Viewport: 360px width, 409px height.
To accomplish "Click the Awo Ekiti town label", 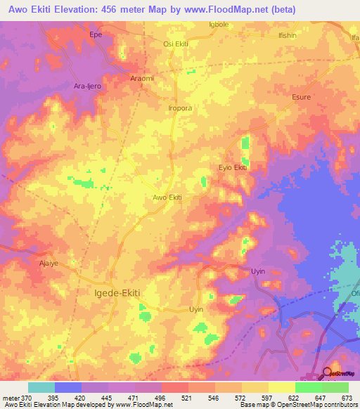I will pos(167,197).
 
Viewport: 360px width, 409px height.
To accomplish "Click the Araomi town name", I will pos(142,79).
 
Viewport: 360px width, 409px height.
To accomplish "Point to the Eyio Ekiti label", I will pos(232,167).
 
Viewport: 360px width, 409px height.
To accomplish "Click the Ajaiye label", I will pos(49,265).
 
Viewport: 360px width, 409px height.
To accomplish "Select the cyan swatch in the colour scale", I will pos(41,387).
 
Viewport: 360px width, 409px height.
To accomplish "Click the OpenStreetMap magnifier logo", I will pos(327,373).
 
